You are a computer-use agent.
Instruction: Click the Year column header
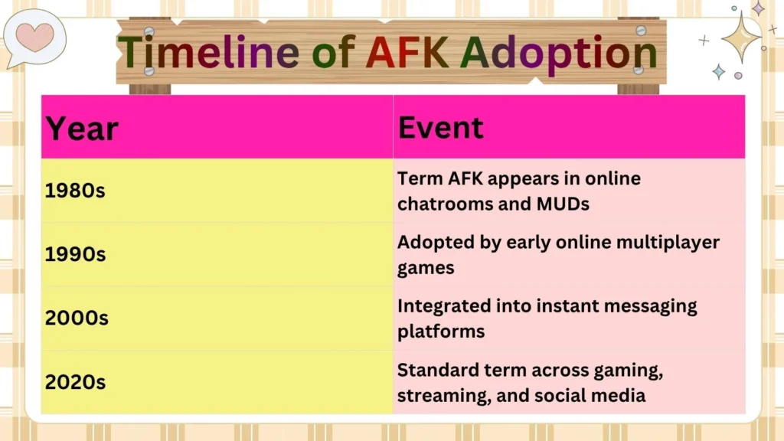pos(82,129)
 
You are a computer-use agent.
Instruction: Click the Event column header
pos(440,127)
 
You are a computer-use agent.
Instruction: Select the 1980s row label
pos(75,191)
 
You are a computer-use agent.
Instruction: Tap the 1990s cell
pos(75,254)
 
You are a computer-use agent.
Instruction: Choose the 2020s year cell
pos(75,381)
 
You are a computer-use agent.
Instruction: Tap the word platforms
pos(440,332)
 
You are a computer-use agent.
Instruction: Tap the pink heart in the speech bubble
pos(35,36)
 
